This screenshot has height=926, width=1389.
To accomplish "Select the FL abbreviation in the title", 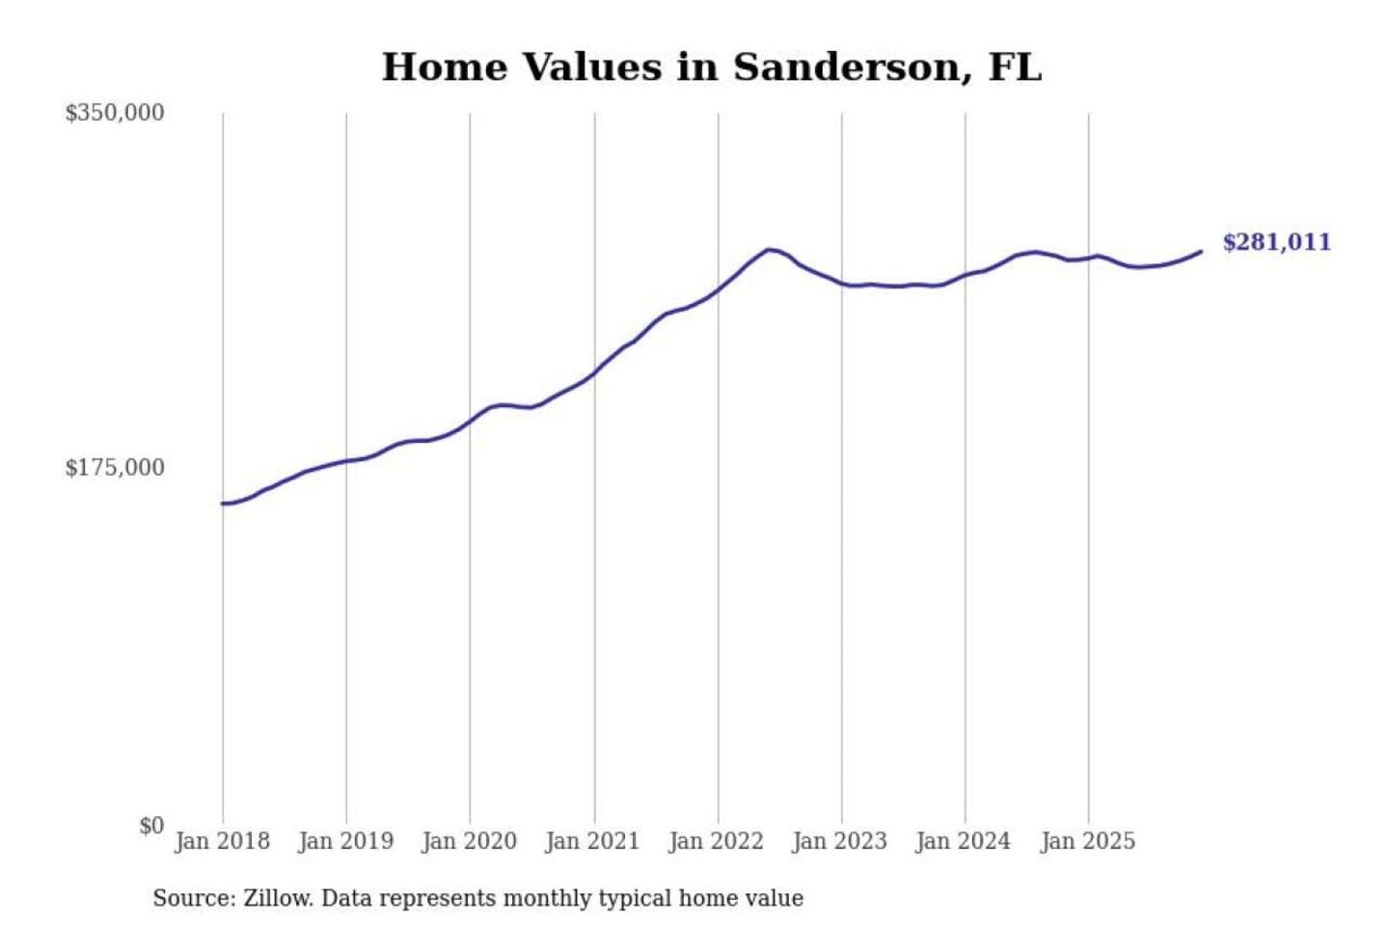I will [1015, 68].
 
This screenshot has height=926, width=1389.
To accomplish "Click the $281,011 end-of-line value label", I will [1276, 242].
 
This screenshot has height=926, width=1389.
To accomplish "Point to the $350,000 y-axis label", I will [115, 113].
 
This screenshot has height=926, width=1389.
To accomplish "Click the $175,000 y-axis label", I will [115, 468].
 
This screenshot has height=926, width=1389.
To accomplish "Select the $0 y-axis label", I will [151, 826].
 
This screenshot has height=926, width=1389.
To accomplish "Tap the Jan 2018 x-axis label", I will [222, 841].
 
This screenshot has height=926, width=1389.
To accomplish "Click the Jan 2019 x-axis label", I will [345, 841].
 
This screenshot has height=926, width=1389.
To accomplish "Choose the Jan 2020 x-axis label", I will [469, 841].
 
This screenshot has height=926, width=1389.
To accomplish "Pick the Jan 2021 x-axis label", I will [592, 841].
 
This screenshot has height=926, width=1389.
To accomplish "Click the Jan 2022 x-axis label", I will [716, 841].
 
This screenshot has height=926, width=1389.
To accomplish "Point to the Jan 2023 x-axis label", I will [839, 841].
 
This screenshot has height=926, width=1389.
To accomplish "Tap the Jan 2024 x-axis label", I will [963, 841].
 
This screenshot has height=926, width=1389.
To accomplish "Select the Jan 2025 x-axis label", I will [1087, 841].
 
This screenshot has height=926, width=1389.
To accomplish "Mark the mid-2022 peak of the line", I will [769, 250].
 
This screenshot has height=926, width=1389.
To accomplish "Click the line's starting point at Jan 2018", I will [223, 504].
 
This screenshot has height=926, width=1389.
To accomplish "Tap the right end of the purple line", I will [1201, 252].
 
